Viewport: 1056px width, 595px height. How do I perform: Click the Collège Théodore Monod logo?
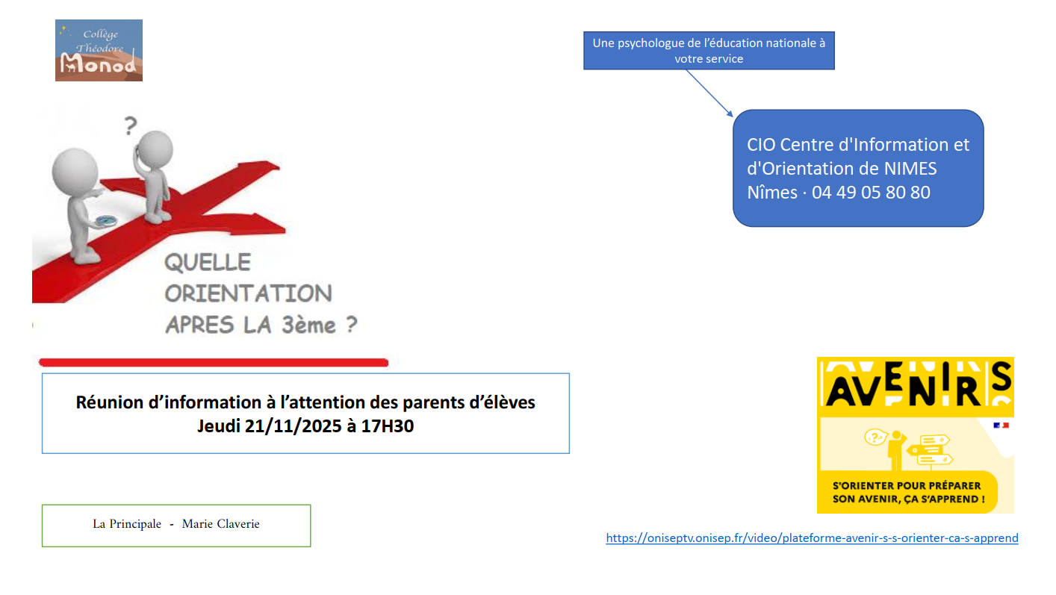(x=99, y=51)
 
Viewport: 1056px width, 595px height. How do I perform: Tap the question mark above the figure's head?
(x=131, y=125)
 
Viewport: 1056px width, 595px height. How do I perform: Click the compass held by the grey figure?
(x=106, y=220)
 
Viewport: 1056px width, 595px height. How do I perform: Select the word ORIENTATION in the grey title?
(x=249, y=293)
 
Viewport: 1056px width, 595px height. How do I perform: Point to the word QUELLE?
(x=208, y=262)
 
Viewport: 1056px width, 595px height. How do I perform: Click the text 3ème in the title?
(x=308, y=325)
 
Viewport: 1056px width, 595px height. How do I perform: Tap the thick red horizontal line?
(x=214, y=362)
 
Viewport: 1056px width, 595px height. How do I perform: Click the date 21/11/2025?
(x=293, y=426)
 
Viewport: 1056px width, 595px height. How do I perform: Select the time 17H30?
(x=388, y=426)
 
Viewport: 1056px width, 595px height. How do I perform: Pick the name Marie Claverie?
(x=220, y=524)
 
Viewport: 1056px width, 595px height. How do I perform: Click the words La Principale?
(x=127, y=524)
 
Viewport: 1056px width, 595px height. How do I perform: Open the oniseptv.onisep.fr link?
(x=812, y=538)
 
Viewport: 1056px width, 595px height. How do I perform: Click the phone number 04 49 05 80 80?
(x=871, y=192)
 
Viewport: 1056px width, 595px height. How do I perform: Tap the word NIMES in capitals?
(x=910, y=168)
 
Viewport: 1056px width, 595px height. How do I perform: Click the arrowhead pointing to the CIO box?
(x=730, y=114)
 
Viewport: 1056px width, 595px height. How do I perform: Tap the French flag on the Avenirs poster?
(x=1001, y=426)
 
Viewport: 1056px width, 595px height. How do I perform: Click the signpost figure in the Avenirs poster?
(x=908, y=449)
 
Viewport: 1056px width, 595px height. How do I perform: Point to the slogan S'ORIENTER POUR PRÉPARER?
(x=907, y=486)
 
